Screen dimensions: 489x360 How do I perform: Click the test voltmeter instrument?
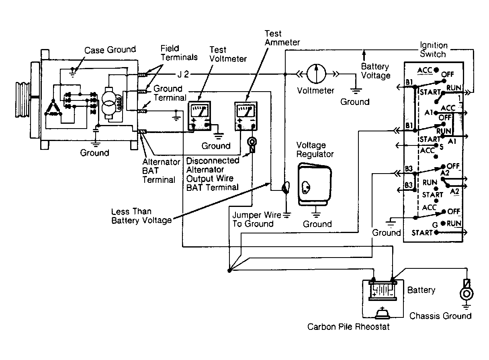pos(199,116)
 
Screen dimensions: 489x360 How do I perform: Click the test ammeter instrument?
pos(246,116)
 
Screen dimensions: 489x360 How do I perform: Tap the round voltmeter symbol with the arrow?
pos(316,74)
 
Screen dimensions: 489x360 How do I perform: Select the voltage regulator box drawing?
pos(315,184)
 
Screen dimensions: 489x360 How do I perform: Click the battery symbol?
pos(383,290)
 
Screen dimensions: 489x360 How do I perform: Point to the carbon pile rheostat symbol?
pos(382,313)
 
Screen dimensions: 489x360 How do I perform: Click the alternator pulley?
pos(23,99)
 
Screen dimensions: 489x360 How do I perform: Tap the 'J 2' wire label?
pos(183,74)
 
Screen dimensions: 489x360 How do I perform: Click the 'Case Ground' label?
pos(110,50)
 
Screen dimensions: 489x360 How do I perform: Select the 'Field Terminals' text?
pos(179,53)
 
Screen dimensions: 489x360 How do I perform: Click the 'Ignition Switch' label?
pos(434,49)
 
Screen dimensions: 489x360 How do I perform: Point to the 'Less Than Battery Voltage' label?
pos(141,216)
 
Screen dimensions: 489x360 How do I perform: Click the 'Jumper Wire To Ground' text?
pos(257,219)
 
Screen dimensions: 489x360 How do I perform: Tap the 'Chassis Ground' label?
pos(440,316)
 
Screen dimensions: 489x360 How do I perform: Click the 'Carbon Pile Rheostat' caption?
pos(348,327)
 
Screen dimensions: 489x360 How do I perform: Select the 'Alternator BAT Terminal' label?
pos(161,171)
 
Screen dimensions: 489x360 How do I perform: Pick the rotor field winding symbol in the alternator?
pos(109,103)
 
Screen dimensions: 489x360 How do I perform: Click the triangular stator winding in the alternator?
pos(53,107)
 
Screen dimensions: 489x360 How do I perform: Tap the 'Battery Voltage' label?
pos(375,71)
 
